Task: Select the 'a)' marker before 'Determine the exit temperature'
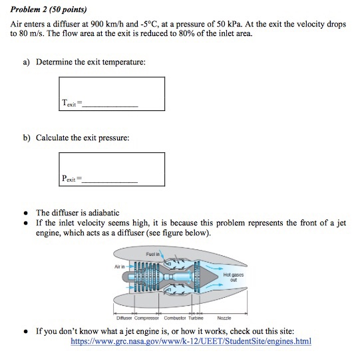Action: click(26, 62)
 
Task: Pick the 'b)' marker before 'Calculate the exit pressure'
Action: click(26, 138)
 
